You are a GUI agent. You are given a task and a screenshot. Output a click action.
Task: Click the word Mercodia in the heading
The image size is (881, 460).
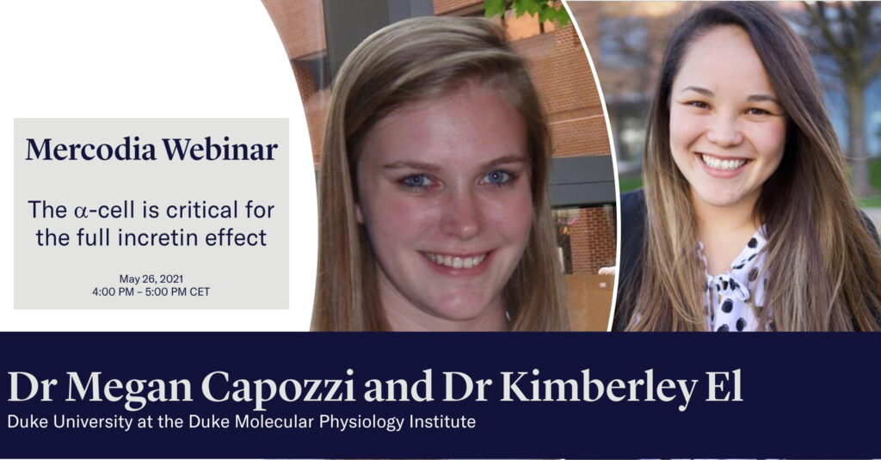90,150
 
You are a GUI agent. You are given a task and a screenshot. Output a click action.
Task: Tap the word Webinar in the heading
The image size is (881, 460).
219,150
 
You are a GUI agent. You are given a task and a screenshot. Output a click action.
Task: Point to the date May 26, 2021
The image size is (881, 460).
151,279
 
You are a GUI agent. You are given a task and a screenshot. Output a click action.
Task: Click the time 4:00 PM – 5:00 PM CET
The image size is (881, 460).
151,291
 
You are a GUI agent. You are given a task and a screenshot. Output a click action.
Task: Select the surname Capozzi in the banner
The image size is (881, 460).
278,388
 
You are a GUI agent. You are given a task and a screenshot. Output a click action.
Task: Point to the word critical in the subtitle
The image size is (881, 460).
202,210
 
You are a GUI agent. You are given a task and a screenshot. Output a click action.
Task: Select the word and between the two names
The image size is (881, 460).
398,386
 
